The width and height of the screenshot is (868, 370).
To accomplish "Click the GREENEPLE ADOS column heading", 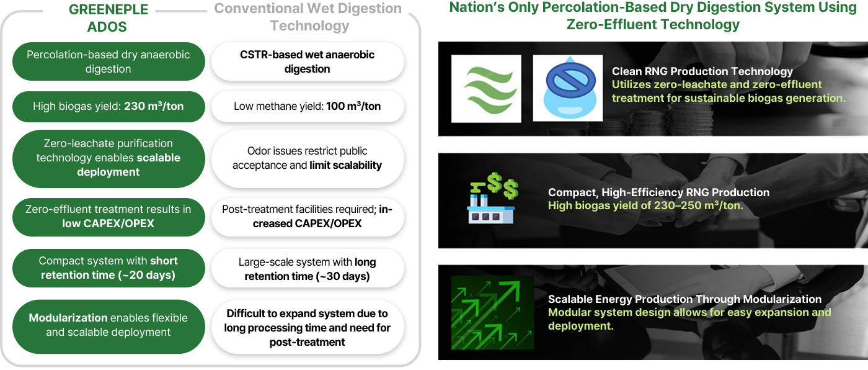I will tap(108, 18).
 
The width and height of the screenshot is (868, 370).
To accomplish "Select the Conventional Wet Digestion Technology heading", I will tap(308, 17).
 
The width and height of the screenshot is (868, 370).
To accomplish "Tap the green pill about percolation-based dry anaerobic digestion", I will tap(108, 61).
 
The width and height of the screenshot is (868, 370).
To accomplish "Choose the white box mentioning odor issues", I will tap(308, 158).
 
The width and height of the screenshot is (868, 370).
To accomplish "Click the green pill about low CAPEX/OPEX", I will tap(108, 216).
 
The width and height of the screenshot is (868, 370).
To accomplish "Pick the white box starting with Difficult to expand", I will tap(308, 328).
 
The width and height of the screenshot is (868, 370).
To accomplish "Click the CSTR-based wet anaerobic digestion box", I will tap(308, 61).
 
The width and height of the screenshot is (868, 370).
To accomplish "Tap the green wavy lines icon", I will tap(486, 88).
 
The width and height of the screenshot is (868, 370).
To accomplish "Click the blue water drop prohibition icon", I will tap(567, 88).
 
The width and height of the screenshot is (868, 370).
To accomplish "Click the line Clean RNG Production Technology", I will tap(702, 71).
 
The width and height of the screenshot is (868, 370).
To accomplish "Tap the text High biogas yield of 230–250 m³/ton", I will tap(645, 205).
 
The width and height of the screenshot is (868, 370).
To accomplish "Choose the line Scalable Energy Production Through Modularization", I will tap(684, 299).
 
